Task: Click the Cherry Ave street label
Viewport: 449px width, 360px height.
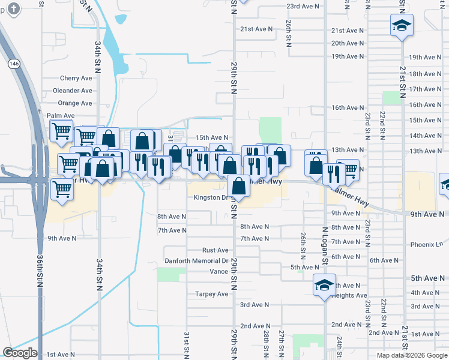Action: pyautogui.click(x=76, y=78)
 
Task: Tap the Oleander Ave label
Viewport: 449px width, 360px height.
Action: pyautogui.click(x=72, y=91)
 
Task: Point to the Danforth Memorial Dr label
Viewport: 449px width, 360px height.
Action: pyautogui.click(x=196, y=261)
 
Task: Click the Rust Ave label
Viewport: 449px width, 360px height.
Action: pyautogui.click(x=215, y=250)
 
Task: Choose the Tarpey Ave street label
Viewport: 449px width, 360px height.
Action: pyautogui.click(x=211, y=294)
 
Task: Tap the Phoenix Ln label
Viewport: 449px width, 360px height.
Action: pyautogui.click(x=426, y=244)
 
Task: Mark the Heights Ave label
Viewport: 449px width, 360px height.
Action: pyautogui.click(x=349, y=295)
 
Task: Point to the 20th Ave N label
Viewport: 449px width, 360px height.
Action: pyautogui.click(x=348, y=43)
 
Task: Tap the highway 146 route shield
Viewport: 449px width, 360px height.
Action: pyautogui.click(x=13, y=62)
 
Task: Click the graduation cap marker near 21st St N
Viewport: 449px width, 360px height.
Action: pyautogui.click(x=402, y=26)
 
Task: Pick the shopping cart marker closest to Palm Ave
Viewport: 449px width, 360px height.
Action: pyautogui.click(x=61, y=131)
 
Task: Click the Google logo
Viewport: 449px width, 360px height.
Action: pyautogui.click(x=20, y=353)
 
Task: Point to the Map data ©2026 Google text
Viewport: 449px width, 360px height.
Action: pyautogui.click(x=411, y=355)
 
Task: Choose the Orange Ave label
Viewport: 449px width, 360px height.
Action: pyautogui.click(x=75, y=103)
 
